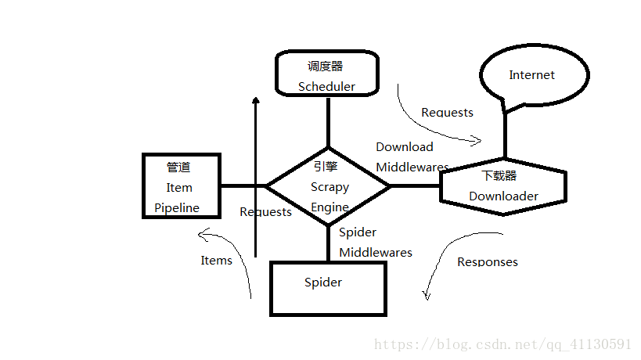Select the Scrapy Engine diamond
tap(329, 187)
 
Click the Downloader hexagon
tap(502, 186)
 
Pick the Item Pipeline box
tap(179, 187)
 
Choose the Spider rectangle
tap(327, 288)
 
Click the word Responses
tap(487, 261)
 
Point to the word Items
tap(216, 261)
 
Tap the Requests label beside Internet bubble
tap(447, 113)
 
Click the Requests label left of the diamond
tap(265, 212)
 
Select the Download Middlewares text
tap(412, 157)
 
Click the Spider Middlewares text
tap(375, 242)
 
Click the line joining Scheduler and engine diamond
tap(328, 121)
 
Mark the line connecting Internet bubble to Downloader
tap(505, 133)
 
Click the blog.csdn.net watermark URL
tap(502, 344)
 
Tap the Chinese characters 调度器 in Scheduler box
tap(326, 67)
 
